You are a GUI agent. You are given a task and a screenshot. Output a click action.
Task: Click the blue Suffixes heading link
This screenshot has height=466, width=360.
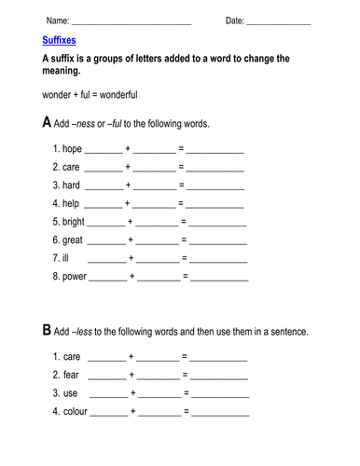(61, 42)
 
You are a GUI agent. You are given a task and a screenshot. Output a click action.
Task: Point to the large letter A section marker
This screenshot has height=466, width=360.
(48, 122)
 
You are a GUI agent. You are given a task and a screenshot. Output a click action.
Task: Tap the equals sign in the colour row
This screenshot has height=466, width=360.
(187, 411)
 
